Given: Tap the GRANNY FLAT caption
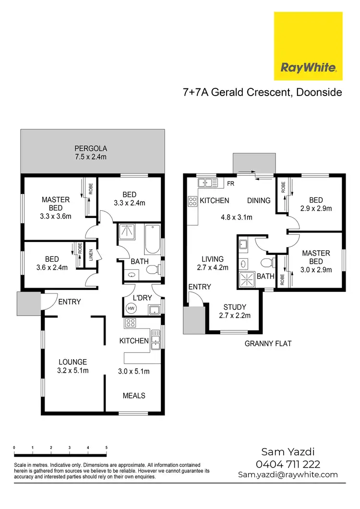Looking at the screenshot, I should click(x=268, y=343).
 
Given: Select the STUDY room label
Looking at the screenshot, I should click(x=235, y=307).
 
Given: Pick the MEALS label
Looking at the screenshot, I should click(x=134, y=396).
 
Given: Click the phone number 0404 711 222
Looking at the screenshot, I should click(x=288, y=464).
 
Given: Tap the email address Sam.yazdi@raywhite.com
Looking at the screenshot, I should click(x=288, y=474).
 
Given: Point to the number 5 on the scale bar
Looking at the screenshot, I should click(x=106, y=447).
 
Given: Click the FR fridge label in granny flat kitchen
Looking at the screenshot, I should click(x=231, y=183).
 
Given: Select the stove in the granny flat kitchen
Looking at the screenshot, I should click(x=192, y=200).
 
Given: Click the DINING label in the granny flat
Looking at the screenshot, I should click(x=259, y=200).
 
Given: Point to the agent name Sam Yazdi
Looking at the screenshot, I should click(x=288, y=452).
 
